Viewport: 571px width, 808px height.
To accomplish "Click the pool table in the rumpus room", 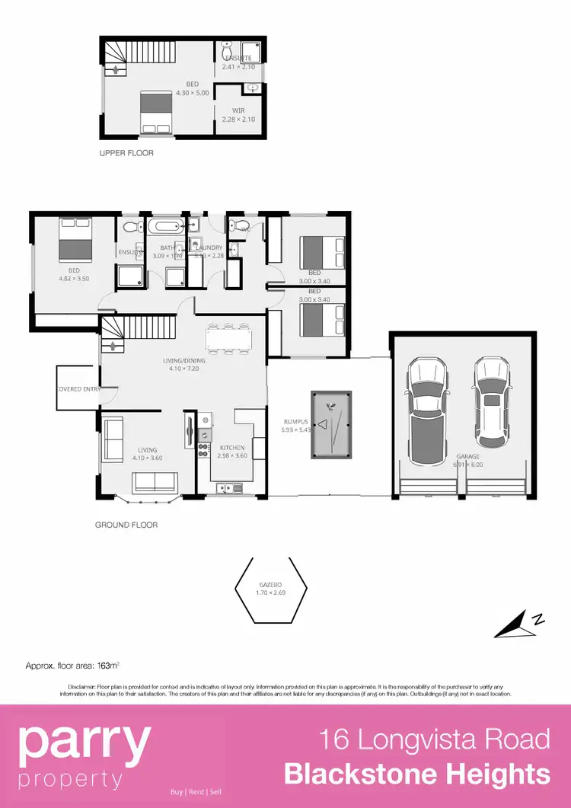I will tap(331, 425).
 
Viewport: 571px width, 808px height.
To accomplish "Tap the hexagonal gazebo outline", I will tap(270, 590).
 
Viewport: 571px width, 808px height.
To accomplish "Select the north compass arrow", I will tap(519, 624).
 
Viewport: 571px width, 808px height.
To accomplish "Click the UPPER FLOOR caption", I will tap(126, 153).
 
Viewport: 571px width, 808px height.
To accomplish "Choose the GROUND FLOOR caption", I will tap(126, 525).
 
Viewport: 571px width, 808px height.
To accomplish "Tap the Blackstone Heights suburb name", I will tap(417, 774).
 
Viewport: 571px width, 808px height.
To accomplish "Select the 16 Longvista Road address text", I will tap(434, 739).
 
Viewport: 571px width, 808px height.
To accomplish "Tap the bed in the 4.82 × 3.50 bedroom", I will tap(75, 240).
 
